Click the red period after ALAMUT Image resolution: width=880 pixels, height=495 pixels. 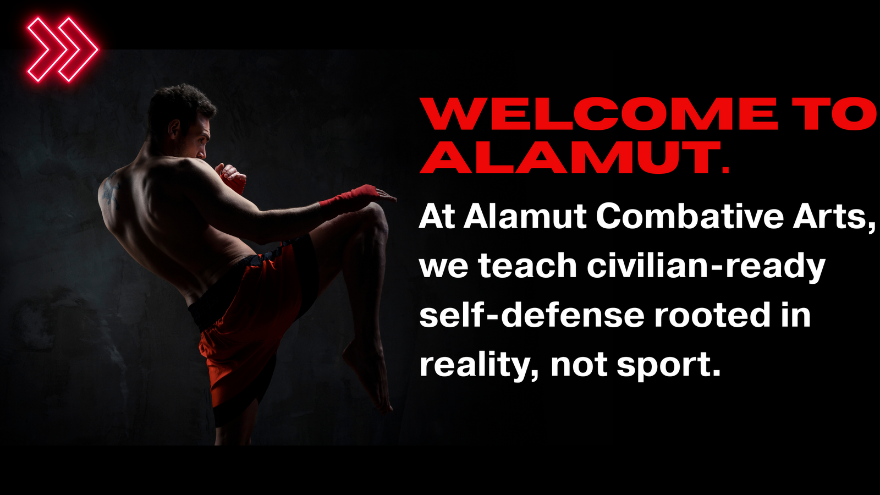coord(725,170)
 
